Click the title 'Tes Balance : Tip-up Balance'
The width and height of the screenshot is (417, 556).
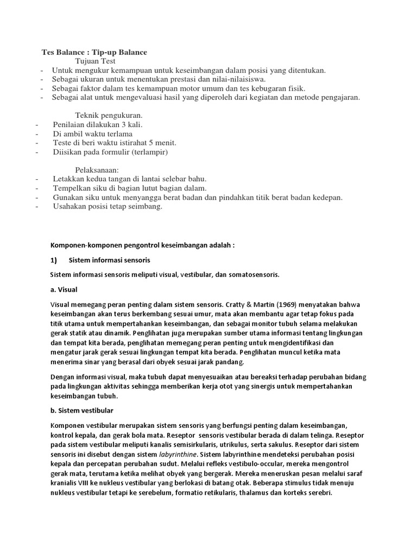point(94,52)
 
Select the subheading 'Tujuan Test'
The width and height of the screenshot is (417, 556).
point(96,61)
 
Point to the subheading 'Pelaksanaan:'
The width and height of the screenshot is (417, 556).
point(97,169)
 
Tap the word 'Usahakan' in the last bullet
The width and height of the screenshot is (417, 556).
point(68,206)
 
